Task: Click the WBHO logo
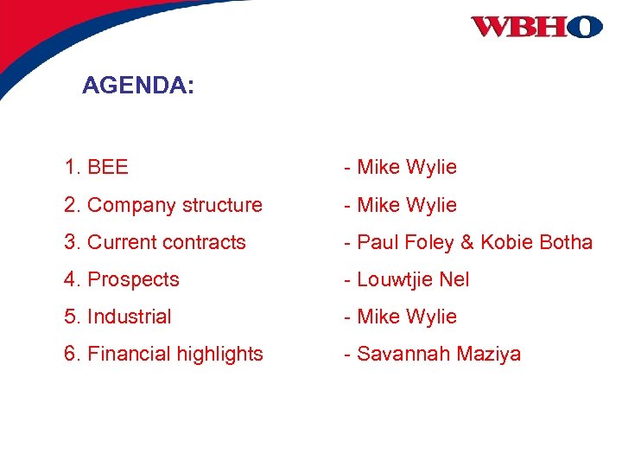click(x=536, y=27)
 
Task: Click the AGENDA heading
click(x=138, y=86)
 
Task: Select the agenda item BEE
click(x=108, y=167)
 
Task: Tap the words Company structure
click(x=175, y=205)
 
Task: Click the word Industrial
click(x=130, y=317)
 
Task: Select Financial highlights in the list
click(x=175, y=354)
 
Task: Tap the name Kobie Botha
click(x=536, y=242)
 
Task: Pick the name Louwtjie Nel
click(x=413, y=279)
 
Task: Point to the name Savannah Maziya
click(x=439, y=354)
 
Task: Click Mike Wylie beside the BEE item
click(x=406, y=167)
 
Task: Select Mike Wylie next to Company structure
click(x=406, y=205)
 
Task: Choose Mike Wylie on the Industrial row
click(x=406, y=317)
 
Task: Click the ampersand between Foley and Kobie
click(x=467, y=242)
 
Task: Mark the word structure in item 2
click(x=222, y=205)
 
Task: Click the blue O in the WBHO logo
click(x=586, y=27)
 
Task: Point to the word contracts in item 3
click(x=206, y=242)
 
